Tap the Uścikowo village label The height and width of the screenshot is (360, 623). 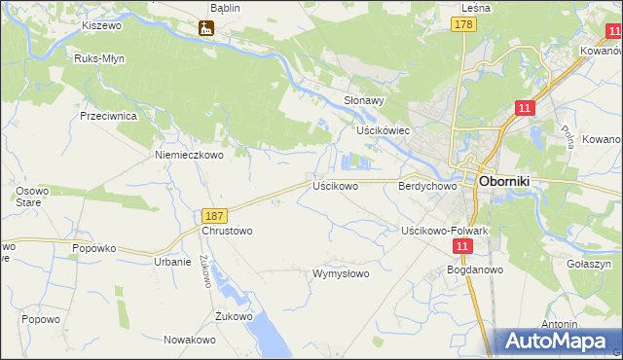click(335, 184)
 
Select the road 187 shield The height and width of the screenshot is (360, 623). click(215, 214)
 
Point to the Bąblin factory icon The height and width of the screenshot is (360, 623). click(206, 28)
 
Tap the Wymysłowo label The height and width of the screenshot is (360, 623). click(340, 273)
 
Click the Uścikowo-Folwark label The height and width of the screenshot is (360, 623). click(445, 230)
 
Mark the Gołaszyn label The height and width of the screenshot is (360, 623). click(588, 264)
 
